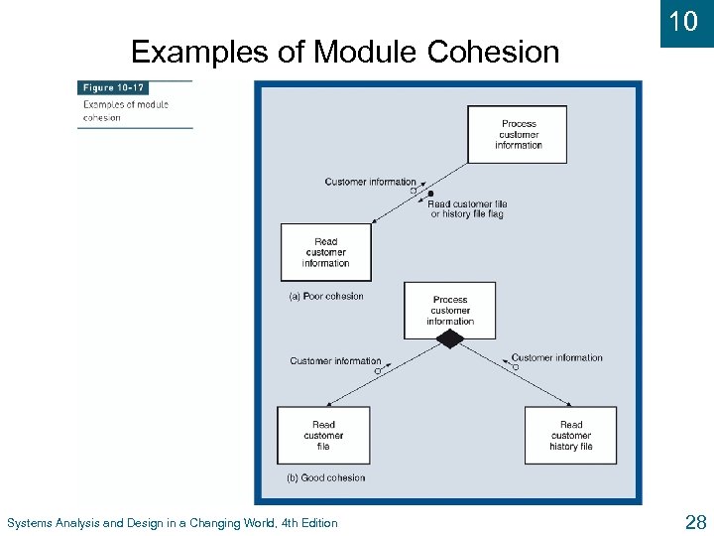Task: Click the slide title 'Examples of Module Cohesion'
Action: click(345, 51)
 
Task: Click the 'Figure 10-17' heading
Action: click(113, 87)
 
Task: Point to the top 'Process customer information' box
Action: click(518, 134)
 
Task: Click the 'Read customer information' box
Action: click(325, 252)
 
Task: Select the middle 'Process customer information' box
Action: click(449, 310)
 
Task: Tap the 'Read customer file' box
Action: click(323, 435)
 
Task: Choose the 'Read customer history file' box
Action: click(570, 435)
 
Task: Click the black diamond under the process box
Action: click(450, 339)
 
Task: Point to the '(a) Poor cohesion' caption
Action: click(325, 296)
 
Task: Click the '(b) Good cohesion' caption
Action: click(325, 477)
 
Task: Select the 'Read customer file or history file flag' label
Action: click(467, 209)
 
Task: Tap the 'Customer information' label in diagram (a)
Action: click(370, 182)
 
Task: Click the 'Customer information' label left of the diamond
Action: click(335, 361)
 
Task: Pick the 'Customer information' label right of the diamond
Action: click(556, 357)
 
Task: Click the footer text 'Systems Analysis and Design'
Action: click(172, 523)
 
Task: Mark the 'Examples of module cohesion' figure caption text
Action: click(125, 111)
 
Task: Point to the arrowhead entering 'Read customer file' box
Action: click(330, 402)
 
